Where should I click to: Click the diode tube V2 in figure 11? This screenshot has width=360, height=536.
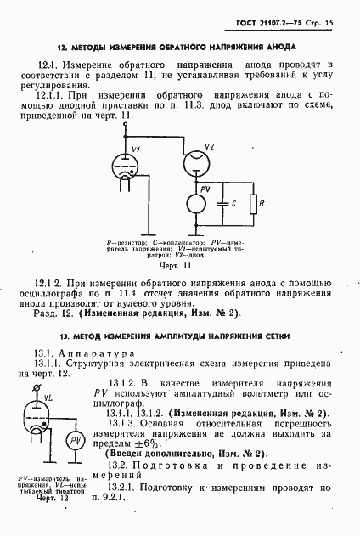194,158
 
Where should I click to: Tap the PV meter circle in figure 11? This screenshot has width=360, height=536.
194,204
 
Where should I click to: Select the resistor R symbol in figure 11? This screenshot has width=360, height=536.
254,204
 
